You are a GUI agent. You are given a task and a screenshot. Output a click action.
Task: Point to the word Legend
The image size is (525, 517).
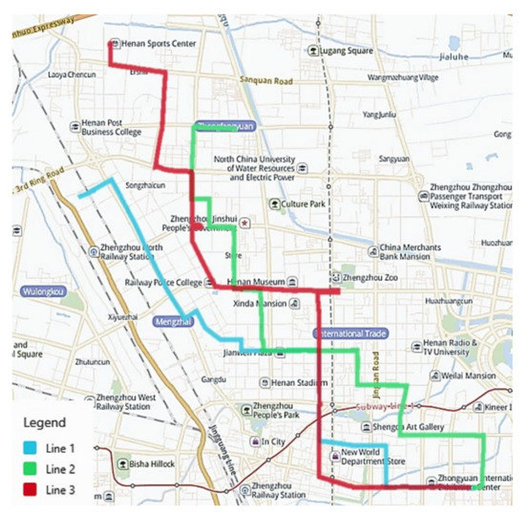click(45, 422)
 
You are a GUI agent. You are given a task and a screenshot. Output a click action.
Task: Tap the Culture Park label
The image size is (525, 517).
click(304, 204)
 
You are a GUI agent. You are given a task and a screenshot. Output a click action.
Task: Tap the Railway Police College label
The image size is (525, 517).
click(165, 283)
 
